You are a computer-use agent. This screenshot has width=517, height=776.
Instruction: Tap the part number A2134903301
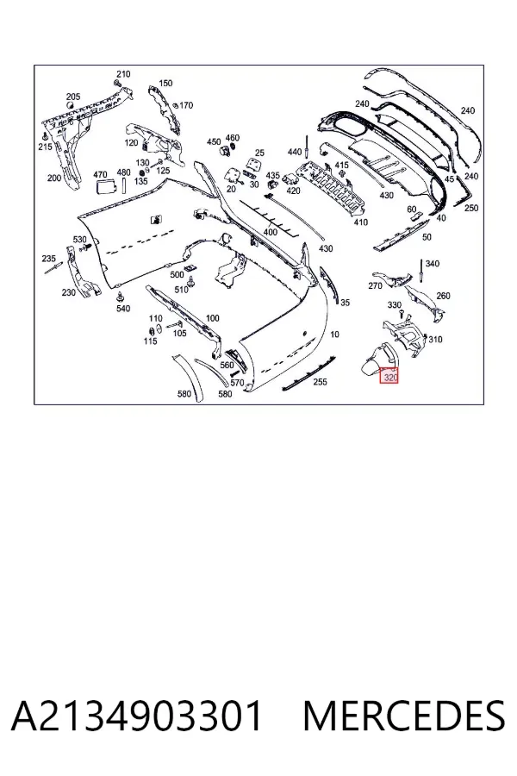[x=136, y=717]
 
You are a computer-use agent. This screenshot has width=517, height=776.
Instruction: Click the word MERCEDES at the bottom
[x=404, y=717]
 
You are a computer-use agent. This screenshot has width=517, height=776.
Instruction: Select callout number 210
[x=123, y=74]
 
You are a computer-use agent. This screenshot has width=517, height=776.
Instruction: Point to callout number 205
[x=72, y=97]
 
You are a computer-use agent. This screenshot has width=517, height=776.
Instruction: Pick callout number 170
[x=186, y=105]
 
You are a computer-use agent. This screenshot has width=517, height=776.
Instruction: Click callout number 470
[x=100, y=174]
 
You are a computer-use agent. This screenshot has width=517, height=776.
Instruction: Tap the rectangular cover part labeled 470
[x=105, y=189]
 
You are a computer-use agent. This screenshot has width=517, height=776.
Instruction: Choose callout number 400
[x=270, y=232]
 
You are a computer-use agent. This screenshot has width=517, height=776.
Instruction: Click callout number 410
[x=361, y=222]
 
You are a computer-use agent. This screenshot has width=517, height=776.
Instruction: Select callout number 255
[x=320, y=382]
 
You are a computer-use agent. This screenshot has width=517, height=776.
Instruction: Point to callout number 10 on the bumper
[x=334, y=335]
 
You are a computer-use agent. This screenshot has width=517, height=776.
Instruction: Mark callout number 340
[x=432, y=263]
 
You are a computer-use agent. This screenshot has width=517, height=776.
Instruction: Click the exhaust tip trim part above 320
[x=379, y=359]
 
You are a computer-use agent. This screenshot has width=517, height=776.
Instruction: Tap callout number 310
[x=435, y=340]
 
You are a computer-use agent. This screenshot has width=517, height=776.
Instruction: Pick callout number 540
[x=122, y=309]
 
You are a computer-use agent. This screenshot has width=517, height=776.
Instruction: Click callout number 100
[x=212, y=317]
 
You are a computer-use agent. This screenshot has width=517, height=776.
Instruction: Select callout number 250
[x=471, y=208]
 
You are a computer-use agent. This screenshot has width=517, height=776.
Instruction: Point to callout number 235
[x=48, y=259]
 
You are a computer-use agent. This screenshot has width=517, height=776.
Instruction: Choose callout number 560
[x=227, y=366]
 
